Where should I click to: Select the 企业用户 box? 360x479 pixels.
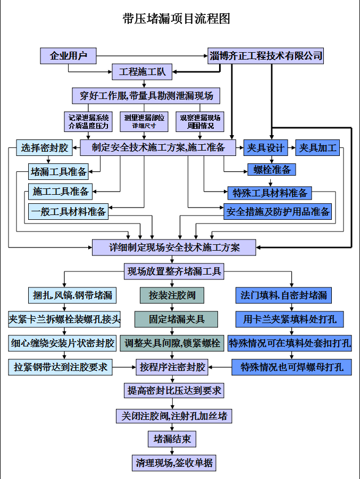point(69,55)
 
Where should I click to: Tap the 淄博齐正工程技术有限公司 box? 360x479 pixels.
point(265,55)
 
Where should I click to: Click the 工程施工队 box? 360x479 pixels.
point(143,71)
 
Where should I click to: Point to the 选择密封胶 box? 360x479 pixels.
point(45,147)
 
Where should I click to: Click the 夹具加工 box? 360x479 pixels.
point(318,147)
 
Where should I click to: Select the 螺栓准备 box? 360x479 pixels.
point(272,169)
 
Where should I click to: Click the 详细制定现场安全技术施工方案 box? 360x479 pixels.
point(174,247)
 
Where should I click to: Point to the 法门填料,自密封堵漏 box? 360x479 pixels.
point(284,294)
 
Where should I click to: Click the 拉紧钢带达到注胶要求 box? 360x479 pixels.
point(60,367)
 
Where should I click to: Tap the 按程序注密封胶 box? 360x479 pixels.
point(172,367)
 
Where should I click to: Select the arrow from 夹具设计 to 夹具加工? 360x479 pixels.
point(291,147)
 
